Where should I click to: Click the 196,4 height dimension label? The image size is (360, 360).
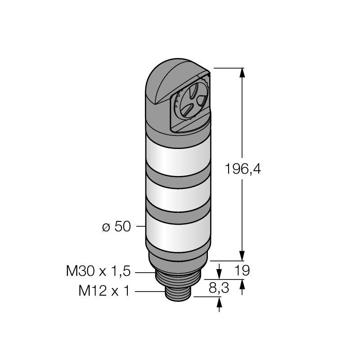(243, 169)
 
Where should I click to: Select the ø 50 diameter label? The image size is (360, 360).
(117, 226)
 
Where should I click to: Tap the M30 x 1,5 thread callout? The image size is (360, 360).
(98, 271)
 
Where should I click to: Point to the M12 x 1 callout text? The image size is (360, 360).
(104, 291)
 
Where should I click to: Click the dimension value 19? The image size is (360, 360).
(242, 270)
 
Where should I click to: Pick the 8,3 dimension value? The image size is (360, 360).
(219, 288)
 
